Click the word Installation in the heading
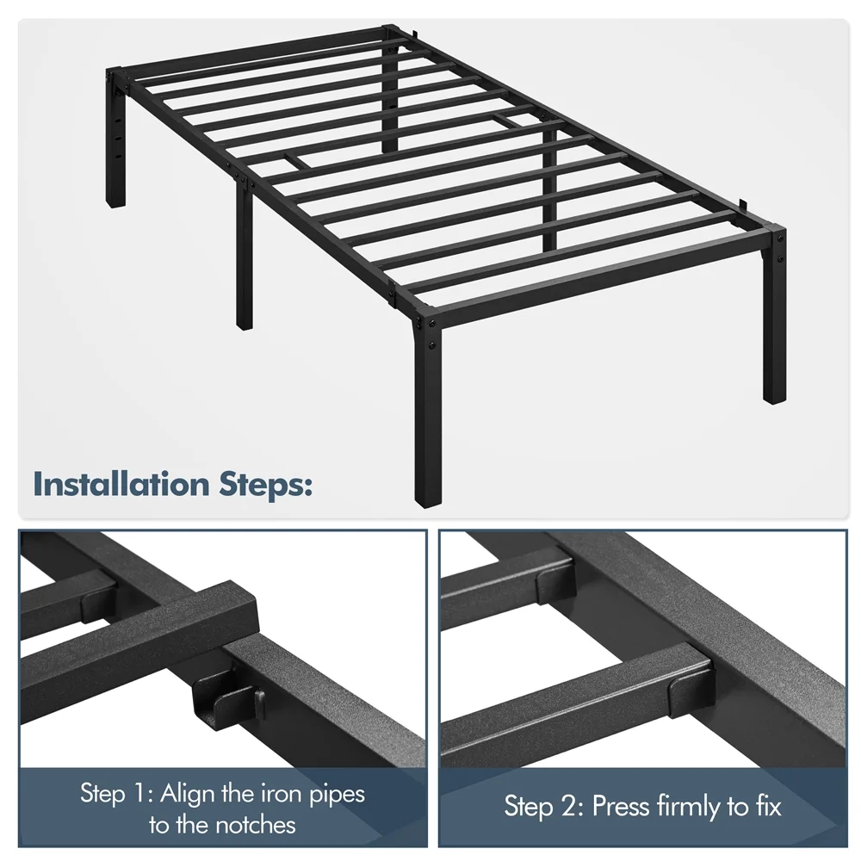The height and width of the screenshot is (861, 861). (x=121, y=484)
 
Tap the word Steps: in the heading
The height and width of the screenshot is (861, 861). (x=266, y=486)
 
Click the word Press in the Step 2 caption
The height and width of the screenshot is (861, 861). (x=620, y=806)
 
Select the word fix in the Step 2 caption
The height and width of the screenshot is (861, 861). (x=767, y=806)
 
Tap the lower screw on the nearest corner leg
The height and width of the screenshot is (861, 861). (x=432, y=346)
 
